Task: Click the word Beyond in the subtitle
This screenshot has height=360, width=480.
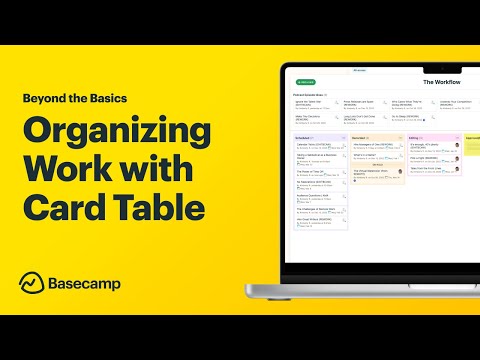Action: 41,98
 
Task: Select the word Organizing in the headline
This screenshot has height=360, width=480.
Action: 116,133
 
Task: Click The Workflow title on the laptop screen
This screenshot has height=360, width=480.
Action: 441,82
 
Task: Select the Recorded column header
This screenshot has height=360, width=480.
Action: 362,138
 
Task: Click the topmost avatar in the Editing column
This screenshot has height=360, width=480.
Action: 457,146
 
